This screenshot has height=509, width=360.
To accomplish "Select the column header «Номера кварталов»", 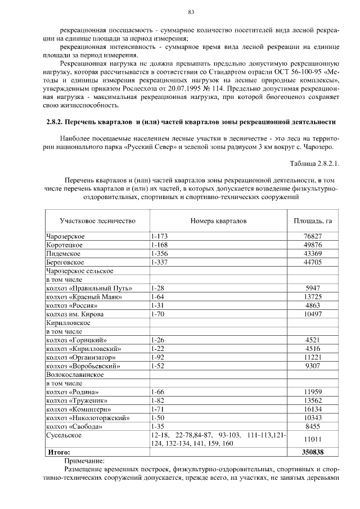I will (x=218, y=221).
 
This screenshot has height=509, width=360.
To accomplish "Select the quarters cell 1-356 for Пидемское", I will (x=160, y=253).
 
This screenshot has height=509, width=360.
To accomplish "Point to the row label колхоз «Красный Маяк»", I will (x=84, y=296).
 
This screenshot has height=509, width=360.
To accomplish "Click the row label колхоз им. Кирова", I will (x=74, y=314).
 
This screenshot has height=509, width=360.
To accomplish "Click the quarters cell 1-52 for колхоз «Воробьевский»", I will (x=158, y=365).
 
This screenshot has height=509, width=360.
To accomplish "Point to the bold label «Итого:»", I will (x=58, y=451).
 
